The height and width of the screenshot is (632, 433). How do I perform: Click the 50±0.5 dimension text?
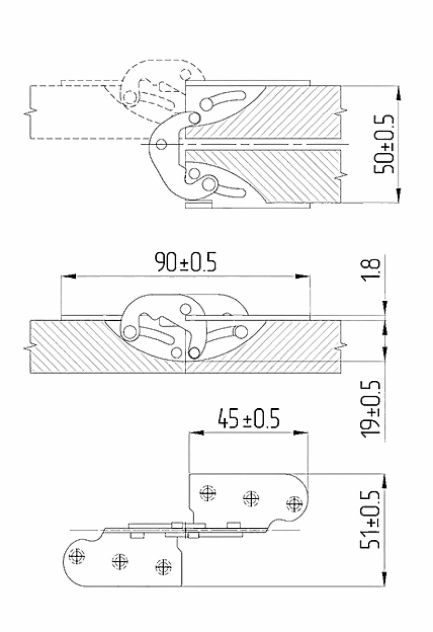click(384, 144)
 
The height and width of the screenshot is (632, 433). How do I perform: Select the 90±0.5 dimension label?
click(186, 262)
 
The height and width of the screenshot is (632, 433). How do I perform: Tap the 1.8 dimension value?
click(374, 269)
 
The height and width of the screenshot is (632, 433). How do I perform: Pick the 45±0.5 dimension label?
click(249, 419)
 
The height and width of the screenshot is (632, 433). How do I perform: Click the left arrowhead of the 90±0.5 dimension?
click(68, 276)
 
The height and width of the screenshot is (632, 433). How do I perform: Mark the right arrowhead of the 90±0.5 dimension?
click(303, 276)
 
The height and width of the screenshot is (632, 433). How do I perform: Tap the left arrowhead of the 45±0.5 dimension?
click(196, 433)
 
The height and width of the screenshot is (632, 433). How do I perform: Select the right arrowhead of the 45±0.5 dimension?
click(301, 433)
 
